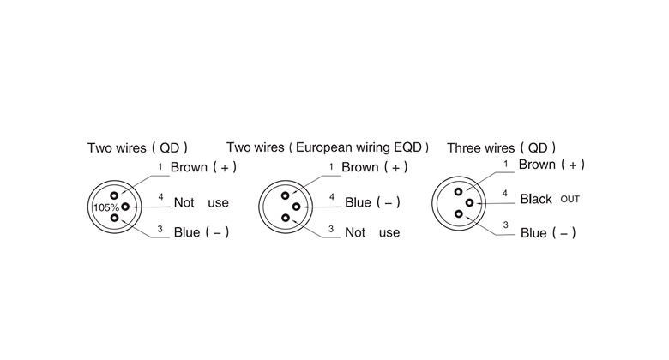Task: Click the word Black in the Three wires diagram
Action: [536, 199]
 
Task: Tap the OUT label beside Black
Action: [570, 200]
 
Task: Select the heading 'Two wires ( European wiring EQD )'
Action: [328, 147]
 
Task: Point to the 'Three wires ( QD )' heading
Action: [502, 147]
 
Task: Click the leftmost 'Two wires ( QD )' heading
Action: [137, 147]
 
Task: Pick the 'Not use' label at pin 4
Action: [201, 203]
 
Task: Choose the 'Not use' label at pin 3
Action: [372, 232]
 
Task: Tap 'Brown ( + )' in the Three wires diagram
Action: [552, 165]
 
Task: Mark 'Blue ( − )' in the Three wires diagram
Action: [548, 233]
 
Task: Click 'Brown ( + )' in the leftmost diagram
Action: [203, 166]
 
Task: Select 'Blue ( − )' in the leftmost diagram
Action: [201, 232]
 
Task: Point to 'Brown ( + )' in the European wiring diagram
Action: [374, 166]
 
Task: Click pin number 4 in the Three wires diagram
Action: [504, 194]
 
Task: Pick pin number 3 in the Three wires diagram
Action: [504, 225]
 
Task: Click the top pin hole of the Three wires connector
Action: [458, 191]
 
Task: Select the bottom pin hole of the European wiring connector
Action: [286, 218]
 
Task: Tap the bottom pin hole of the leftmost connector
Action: [114, 218]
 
